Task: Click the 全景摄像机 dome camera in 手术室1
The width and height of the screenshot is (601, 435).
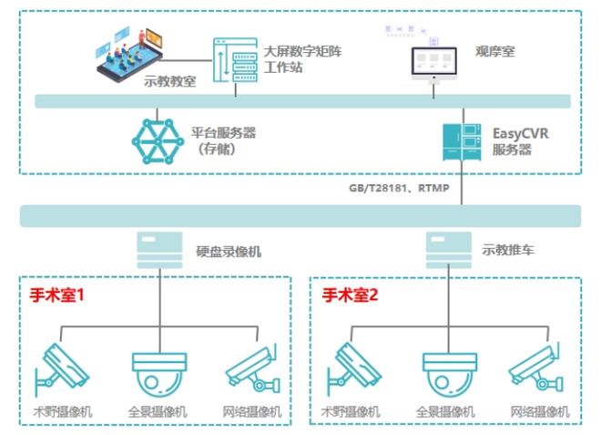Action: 159,373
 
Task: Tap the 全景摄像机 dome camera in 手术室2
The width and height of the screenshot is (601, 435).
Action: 449,373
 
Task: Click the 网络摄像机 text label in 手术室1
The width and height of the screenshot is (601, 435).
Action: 254,412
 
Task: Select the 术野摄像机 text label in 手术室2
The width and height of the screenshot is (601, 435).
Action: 352,412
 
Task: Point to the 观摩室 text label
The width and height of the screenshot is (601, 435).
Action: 494,52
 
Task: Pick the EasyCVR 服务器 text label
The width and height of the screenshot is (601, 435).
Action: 520,141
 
